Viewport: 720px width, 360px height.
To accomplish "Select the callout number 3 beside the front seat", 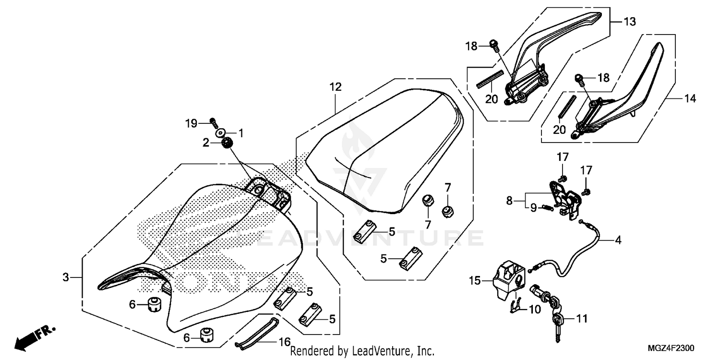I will coord(66,277).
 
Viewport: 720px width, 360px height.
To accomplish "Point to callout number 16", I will coord(284,342).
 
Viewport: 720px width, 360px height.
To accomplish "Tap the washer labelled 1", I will coord(222,132).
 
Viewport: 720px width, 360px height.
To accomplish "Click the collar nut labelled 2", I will coord(228,143).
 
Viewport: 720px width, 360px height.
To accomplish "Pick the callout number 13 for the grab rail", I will coord(629,22).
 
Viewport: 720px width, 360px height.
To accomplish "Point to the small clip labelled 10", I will coord(515,306).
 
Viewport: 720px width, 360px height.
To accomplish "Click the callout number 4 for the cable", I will coord(618,240).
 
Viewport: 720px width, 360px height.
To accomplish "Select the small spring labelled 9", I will coord(547,207).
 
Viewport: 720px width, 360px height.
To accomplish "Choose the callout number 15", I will coord(475,281).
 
